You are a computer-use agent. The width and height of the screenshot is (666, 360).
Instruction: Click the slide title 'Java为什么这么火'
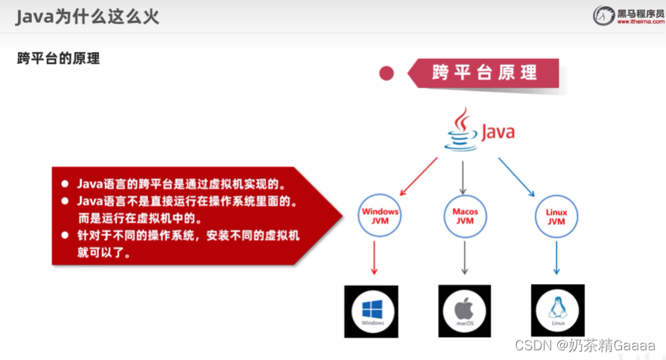coord(88,16)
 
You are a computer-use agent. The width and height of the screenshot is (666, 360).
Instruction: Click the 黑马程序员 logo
coord(627,15)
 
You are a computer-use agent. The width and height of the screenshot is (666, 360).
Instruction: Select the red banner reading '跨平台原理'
coord(484,73)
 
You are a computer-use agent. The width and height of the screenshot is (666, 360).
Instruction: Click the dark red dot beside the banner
coord(387,73)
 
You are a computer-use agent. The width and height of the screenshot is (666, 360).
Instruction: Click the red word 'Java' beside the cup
coord(497,133)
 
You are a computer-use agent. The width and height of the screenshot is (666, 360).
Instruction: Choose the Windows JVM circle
coord(380,215)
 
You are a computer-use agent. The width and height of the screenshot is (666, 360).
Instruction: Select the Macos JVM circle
coord(465,215)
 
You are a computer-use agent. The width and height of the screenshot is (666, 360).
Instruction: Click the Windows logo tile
coord(371,311)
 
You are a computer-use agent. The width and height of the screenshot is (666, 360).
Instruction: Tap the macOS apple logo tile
coord(464,311)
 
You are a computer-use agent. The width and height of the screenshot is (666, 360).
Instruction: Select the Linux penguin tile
coord(556,310)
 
